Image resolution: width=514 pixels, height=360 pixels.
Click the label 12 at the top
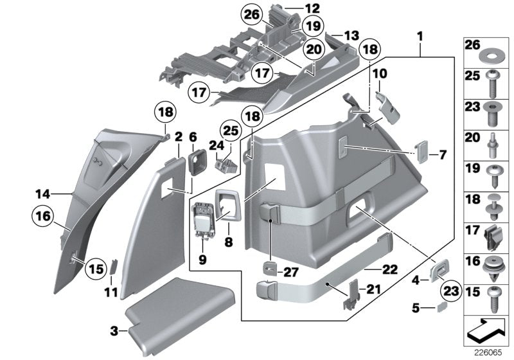[312, 9]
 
